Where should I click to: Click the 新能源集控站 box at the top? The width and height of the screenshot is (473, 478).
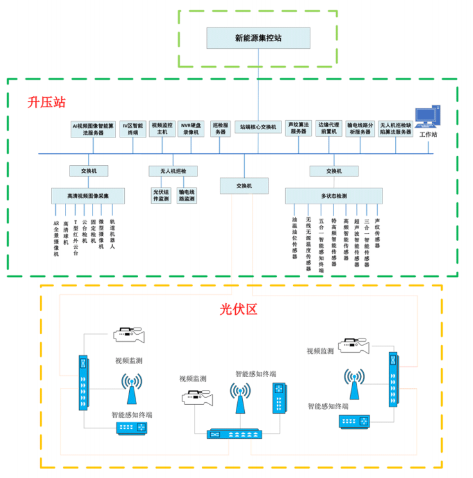click(258, 38)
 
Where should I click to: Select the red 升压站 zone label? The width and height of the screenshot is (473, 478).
click(46, 102)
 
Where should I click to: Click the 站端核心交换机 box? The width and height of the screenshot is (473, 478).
click(258, 127)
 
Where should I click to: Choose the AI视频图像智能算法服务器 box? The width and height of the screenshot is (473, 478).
click(93, 128)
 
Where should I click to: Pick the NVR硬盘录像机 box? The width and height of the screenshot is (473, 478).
click(192, 128)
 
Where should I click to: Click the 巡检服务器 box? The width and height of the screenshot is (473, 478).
click(220, 128)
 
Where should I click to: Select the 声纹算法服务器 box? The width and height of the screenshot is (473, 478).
click(298, 128)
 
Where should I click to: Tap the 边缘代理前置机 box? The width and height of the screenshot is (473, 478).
click(328, 128)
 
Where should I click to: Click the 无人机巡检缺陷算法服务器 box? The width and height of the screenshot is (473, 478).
click(396, 128)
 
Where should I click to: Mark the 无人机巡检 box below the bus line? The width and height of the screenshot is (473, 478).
click(174, 171)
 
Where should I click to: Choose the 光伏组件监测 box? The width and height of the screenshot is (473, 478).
click(161, 195)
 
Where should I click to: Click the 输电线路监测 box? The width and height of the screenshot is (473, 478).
click(187, 195)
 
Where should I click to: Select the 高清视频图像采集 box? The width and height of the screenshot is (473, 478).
click(88, 195)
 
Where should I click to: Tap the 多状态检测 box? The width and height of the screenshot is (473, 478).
click(334, 195)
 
